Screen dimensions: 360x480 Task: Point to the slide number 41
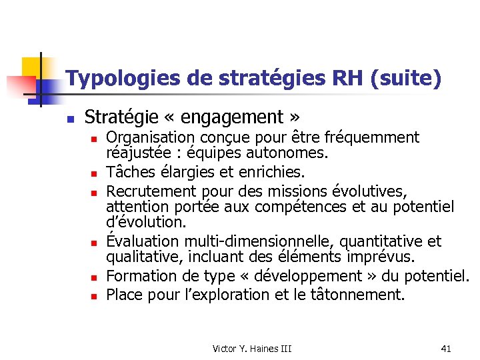point(446,348)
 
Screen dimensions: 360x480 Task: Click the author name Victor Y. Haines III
point(252,348)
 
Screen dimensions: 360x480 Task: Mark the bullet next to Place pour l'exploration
point(96,295)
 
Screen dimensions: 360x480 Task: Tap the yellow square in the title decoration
point(31,67)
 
